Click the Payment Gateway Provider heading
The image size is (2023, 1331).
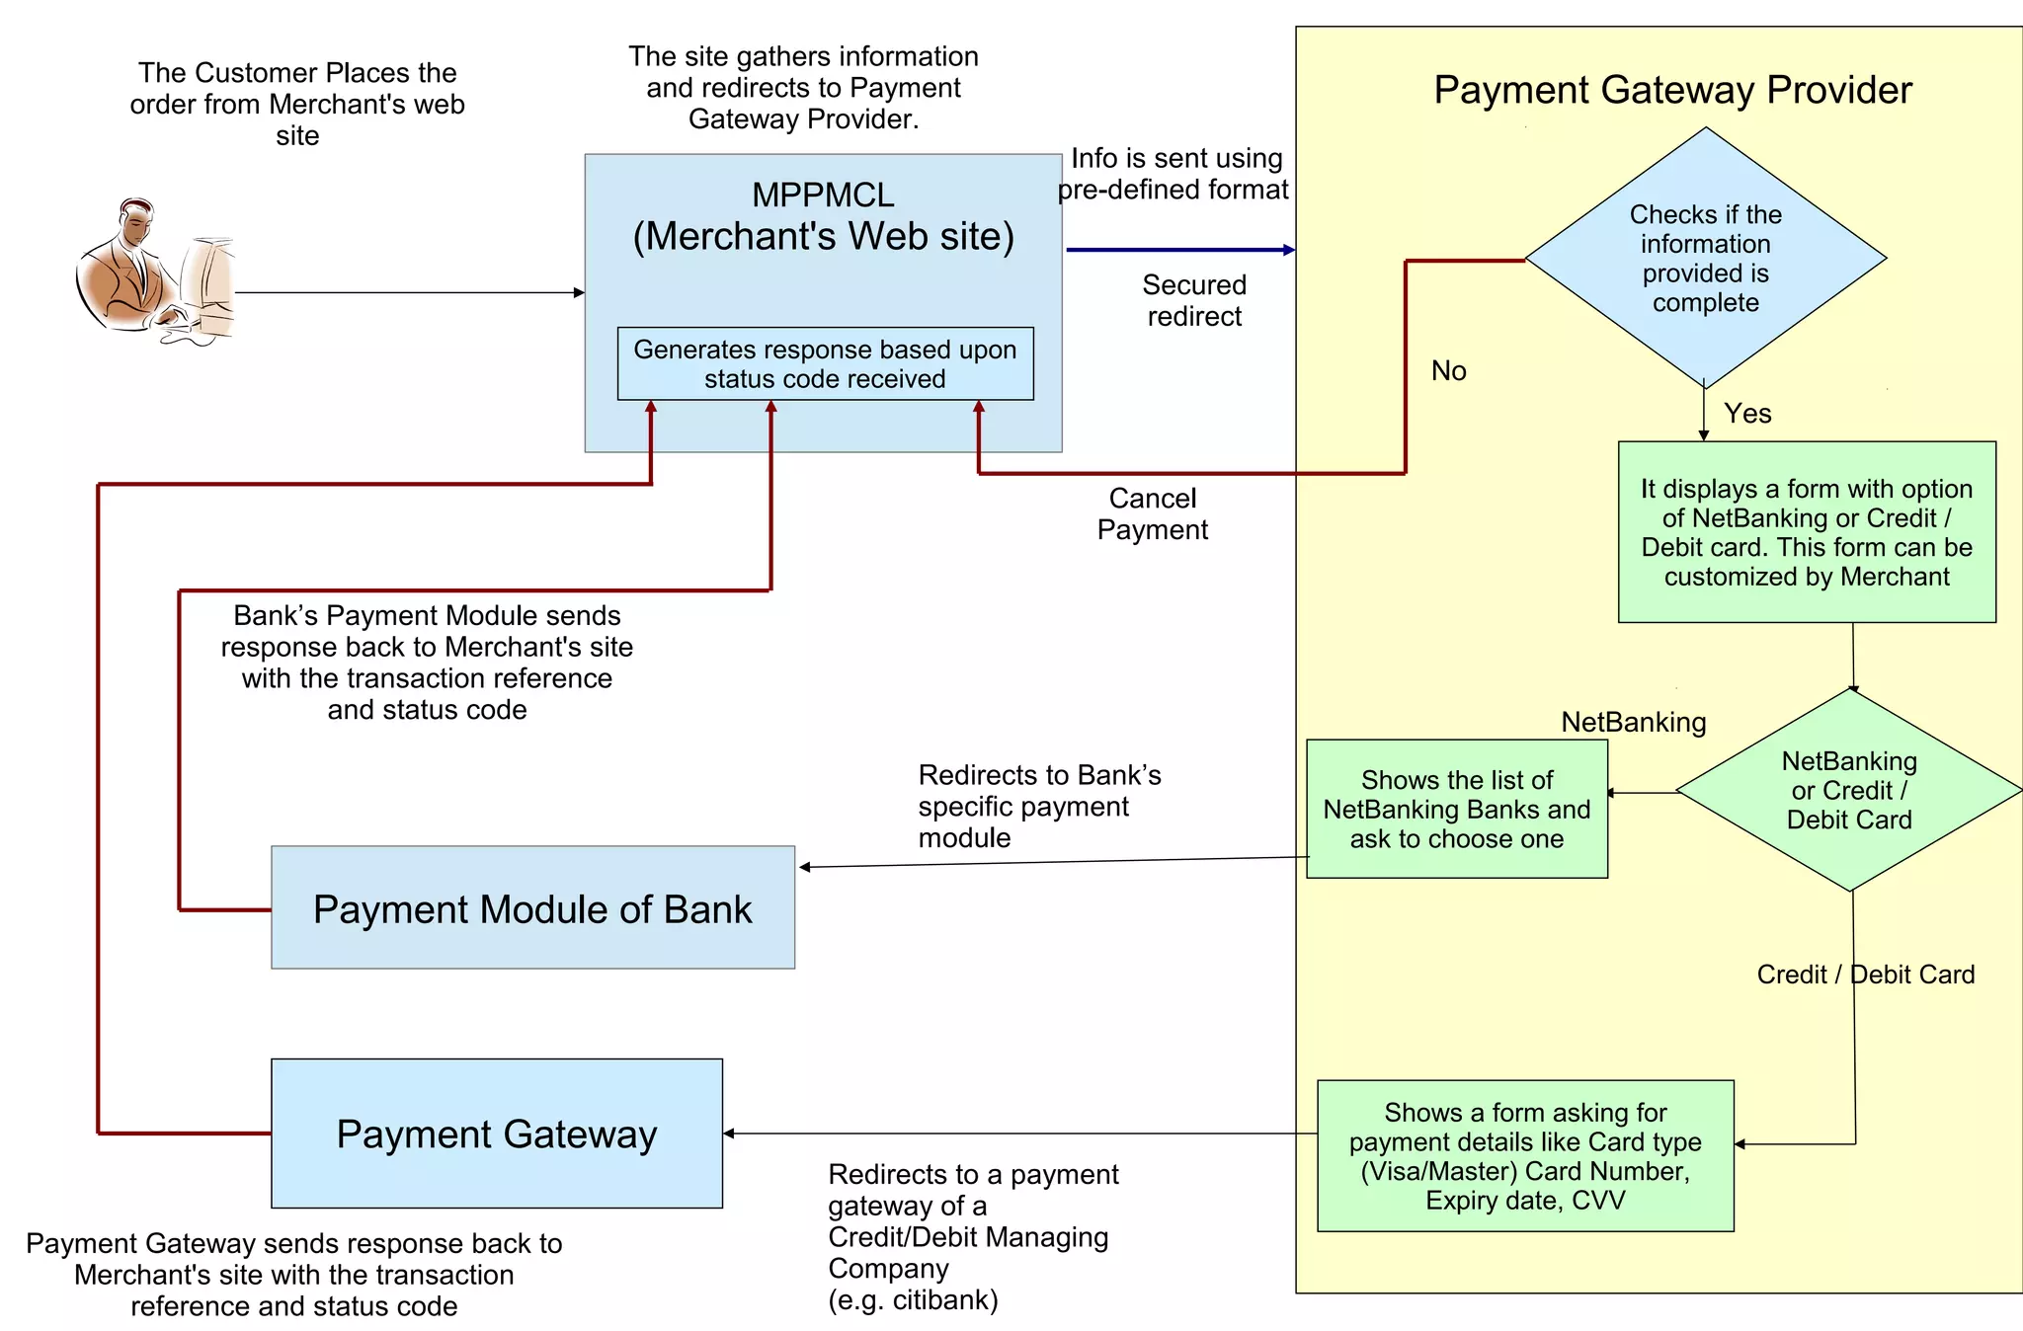pyautogui.click(x=1672, y=90)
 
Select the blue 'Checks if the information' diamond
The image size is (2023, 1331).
pyautogui.click(x=1706, y=258)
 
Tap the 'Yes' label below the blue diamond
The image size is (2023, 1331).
pyautogui.click(x=1747, y=414)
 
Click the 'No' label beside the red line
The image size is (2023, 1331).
pyautogui.click(x=1448, y=371)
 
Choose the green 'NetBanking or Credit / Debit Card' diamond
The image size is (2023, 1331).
pyautogui.click(x=1849, y=790)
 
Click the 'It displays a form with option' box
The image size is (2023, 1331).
pyautogui.click(x=1806, y=532)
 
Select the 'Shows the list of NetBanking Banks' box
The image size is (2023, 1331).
pyautogui.click(x=1457, y=809)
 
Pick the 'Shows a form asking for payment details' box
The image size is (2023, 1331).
pyautogui.click(x=1525, y=1155)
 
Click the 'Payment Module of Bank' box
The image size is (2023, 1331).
pyautogui.click(x=532, y=908)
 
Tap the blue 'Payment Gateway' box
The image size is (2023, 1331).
pyautogui.click(x=497, y=1134)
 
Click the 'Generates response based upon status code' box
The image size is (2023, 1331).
pyautogui.click(x=825, y=363)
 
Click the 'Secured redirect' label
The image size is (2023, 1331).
pyautogui.click(x=1194, y=300)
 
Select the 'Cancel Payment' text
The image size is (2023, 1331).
pyautogui.click(x=1153, y=513)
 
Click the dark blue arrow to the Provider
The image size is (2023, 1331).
pyautogui.click(x=1179, y=250)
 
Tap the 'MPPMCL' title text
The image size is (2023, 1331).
pyautogui.click(x=823, y=196)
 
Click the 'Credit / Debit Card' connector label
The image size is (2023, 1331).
pyautogui.click(x=1865, y=975)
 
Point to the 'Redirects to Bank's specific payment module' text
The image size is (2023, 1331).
pyautogui.click(x=1038, y=806)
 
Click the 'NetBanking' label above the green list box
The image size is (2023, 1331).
pyautogui.click(x=1633, y=722)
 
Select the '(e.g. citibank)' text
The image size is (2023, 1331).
pyautogui.click(x=913, y=1299)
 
